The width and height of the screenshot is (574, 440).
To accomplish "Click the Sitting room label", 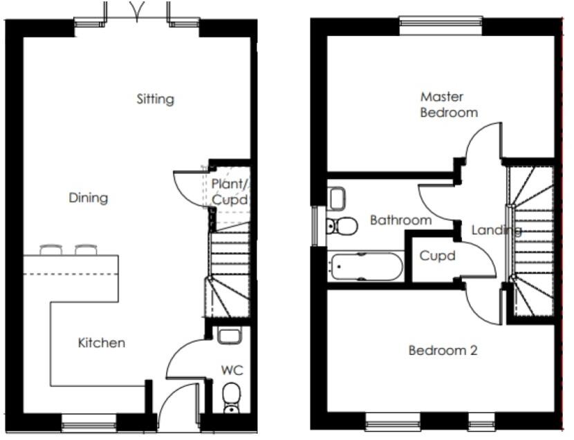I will (155, 99).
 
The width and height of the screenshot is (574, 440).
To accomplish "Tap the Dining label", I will (89, 198).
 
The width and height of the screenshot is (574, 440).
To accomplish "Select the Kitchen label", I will (101, 343).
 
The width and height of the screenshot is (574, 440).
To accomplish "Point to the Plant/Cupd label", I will (230, 191).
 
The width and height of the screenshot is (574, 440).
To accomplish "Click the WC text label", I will (232, 371).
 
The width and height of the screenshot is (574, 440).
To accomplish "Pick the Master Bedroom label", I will (448, 104).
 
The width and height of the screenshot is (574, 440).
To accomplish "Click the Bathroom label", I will (400, 220).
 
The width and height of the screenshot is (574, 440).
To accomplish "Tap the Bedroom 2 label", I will (443, 350).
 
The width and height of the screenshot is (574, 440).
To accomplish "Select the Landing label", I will (496, 230).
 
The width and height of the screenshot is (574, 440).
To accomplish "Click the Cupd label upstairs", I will (437, 256).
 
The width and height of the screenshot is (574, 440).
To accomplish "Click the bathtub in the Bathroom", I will (366, 267).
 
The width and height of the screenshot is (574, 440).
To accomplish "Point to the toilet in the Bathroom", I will (341, 225).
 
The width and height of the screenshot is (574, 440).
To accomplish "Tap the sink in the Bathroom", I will (337, 199).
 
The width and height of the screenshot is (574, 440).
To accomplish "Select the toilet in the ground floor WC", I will (232, 396).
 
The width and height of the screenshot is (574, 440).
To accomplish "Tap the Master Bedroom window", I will (441, 23).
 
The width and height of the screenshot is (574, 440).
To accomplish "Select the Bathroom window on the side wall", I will (316, 225).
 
